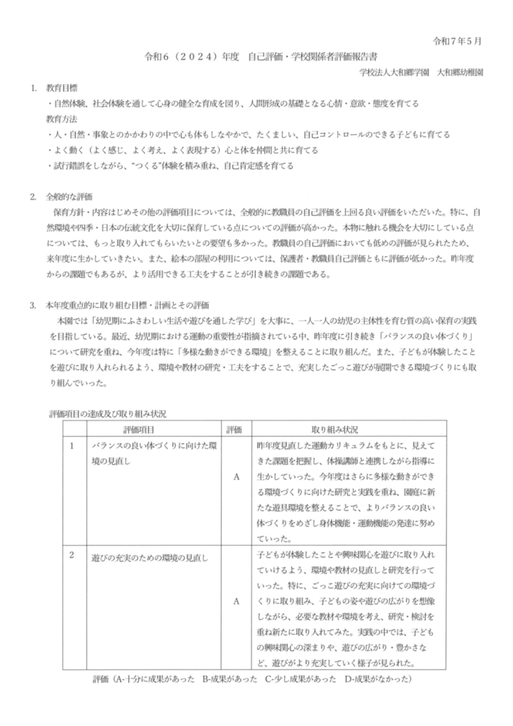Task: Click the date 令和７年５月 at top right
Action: tap(458, 40)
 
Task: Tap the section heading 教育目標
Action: tap(61, 91)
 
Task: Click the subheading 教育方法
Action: tap(61, 118)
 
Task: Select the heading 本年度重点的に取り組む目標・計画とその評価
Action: tap(127, 306)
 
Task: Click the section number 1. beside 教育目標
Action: tap(33, 91)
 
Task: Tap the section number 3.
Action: tap(33, 306)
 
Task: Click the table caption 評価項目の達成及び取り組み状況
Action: tap(107, 413)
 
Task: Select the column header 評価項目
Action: tap(144, 430)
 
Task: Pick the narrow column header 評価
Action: tap(234, 430)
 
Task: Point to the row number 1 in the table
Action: tap(72, 445)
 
